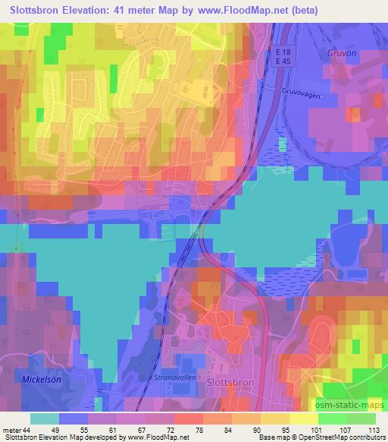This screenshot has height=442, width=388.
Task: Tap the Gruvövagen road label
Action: [302, 86]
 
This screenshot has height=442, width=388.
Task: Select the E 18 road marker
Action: [282, 51]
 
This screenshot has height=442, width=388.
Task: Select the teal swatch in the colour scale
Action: [45, 418]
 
